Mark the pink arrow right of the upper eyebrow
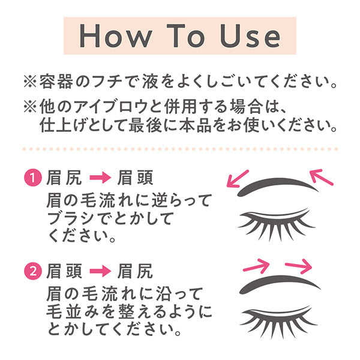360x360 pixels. click(323, 176)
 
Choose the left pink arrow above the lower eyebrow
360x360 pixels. click(255, 264)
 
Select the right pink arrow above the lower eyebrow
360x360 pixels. click(298, 265)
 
